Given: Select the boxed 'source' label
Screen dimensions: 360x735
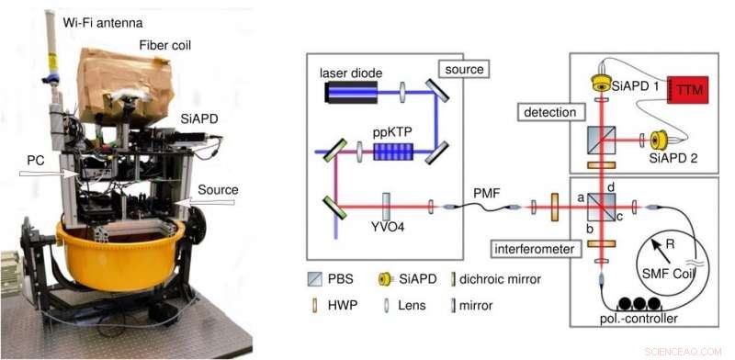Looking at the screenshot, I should coord(464,69).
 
